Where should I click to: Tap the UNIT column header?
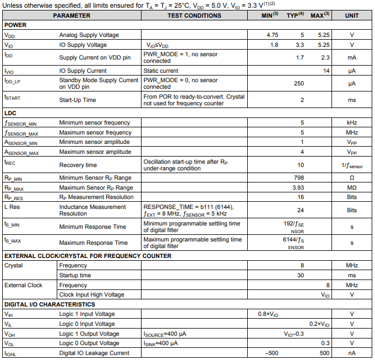351,15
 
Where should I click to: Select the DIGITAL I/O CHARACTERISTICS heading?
50,304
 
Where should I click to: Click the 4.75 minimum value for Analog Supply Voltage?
272,35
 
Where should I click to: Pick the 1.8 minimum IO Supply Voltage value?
274,45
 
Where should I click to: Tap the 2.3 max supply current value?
325,57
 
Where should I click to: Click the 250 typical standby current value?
298,83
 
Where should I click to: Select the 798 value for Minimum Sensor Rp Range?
298,178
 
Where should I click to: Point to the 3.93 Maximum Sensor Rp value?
297,187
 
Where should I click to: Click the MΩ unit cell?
352,187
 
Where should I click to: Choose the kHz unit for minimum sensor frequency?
352,122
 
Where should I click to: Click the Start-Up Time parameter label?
77,100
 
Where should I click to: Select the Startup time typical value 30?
301,275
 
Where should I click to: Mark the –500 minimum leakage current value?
270,353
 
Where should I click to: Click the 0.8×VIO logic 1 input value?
268,314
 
